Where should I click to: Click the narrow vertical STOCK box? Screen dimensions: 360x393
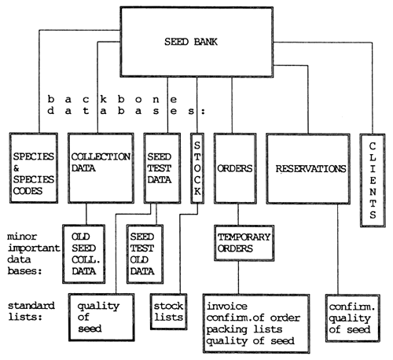tap(197, 169)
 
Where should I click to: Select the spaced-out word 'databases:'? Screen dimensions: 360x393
tap(126, 112)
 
